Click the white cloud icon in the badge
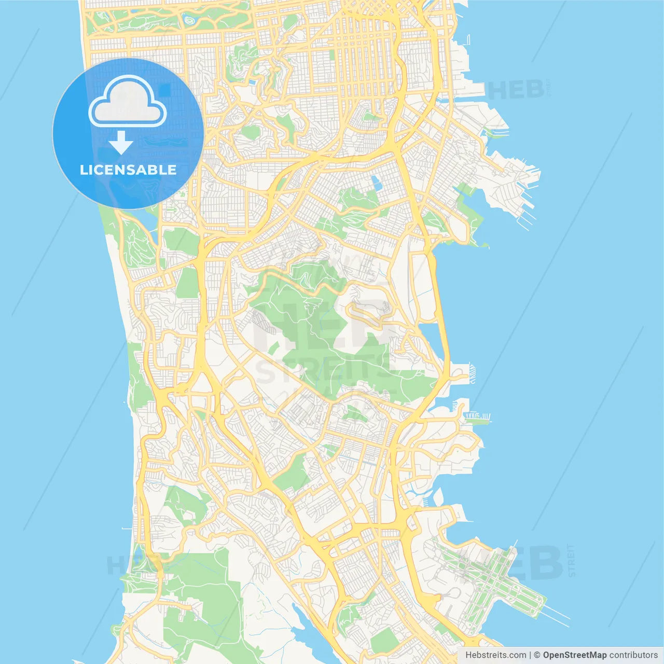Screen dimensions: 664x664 tap(128, 102)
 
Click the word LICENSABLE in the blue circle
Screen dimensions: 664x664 tap(128, 170)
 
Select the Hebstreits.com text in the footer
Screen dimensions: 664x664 tap(495, 655)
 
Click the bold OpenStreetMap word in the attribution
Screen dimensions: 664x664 tap(574, 655)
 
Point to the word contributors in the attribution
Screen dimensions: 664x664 tap(633, 655)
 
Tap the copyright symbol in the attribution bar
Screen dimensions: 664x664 tap(537, 655)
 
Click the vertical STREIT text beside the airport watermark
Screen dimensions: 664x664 tap(572, 560)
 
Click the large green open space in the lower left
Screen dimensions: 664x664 tap(202, 597)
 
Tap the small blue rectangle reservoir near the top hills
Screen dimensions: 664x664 tap(376, 182)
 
